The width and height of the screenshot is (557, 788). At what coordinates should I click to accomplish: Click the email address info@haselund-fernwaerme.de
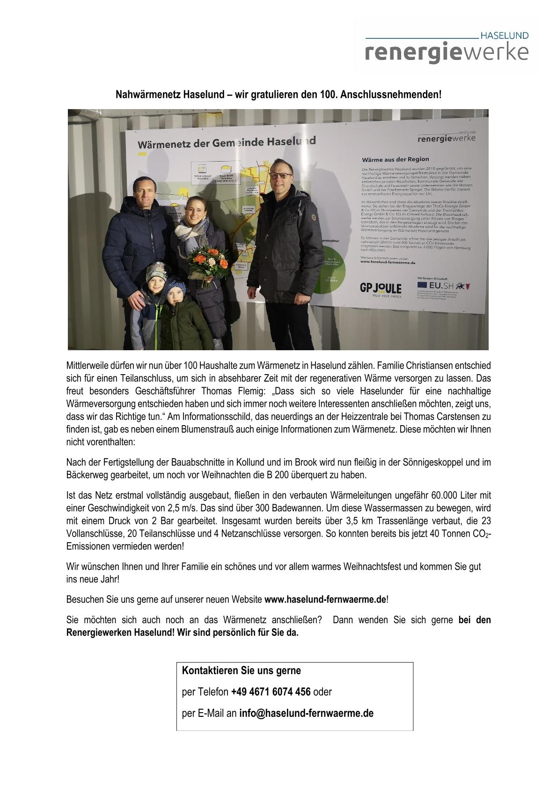click(306, 714)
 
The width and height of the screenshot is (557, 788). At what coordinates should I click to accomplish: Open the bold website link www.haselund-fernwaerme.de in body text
click(325, 599)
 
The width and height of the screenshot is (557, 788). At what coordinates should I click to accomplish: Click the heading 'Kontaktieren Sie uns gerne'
click(241, 670)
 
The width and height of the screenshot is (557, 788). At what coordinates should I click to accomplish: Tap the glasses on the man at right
click(281, 176)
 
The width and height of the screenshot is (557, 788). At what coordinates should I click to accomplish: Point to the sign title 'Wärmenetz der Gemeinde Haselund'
click(227, 142)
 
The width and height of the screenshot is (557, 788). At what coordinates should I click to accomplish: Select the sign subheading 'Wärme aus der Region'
click(395, 159)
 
